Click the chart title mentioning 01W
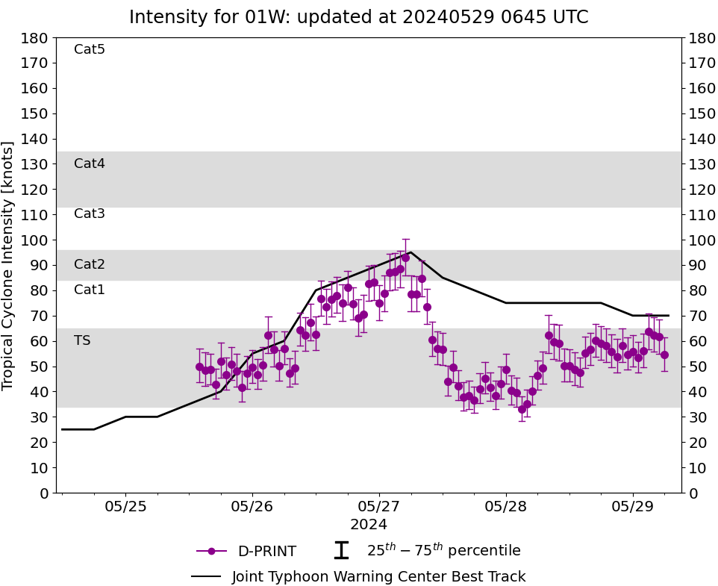tap(358, 17)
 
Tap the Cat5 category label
tap(90, 50)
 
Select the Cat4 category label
tap(90, 163)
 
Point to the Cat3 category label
tap(90, 214)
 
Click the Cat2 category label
tap(90, 264)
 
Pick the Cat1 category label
tap(90, 290)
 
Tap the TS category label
tap(82, 340)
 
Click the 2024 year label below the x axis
tap(368, 525)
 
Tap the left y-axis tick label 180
tap(36, 38)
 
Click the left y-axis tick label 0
tap(44, 493)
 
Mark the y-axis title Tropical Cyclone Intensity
tap(9, 265)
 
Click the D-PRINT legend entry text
tap(266, 552)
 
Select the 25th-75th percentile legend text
tap(443, 551)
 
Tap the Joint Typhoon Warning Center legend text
tap(378, 577)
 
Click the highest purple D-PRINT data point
tap(405, 258)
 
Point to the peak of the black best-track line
tap(410, 252)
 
